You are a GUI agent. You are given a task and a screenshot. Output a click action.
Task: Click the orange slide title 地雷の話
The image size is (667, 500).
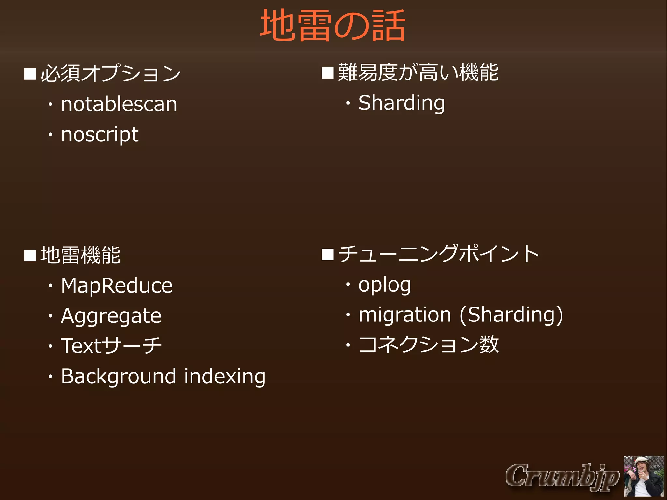[333, 25]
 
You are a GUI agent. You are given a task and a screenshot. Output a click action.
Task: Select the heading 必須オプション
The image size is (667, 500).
[111, 73]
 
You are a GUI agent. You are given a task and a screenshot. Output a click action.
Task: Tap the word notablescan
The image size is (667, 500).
[119, 104]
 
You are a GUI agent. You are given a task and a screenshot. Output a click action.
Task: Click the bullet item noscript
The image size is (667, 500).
[100, 134]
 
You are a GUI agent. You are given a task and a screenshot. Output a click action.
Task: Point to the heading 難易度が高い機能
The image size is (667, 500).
[418, 72]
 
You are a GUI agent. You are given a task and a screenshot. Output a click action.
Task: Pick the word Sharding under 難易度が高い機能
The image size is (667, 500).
[402, 103]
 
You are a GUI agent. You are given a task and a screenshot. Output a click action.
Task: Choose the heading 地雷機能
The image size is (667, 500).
[80, 255]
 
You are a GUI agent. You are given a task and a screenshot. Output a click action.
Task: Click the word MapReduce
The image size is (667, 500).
[117, 286]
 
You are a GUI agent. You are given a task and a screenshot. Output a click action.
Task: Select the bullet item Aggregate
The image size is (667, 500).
[111, 316]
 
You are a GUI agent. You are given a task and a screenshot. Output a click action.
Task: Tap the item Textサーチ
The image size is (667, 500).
[111, 346]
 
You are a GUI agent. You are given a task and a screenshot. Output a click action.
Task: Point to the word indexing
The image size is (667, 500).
[225, 377]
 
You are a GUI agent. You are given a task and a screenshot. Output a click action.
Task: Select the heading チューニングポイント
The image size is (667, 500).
[438, 254]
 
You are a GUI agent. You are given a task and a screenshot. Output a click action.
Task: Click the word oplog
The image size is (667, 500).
[385, 285]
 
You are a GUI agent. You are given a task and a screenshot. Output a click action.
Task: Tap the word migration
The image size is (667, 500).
[404, 315]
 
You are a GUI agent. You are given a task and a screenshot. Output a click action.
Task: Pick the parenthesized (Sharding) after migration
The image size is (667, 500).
[511, 315]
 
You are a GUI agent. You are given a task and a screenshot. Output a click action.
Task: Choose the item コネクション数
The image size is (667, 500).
[429, 345]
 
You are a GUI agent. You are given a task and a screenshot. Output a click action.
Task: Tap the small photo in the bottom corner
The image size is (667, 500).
[644, 476]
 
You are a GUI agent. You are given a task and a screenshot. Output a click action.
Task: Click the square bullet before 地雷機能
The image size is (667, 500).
[30, 255]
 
